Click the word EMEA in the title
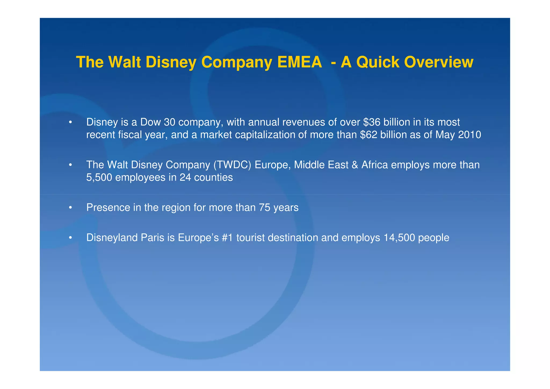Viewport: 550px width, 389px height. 299,62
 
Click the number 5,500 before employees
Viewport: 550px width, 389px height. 99,178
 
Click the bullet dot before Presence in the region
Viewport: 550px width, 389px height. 70,208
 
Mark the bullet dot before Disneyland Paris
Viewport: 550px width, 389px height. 70,238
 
